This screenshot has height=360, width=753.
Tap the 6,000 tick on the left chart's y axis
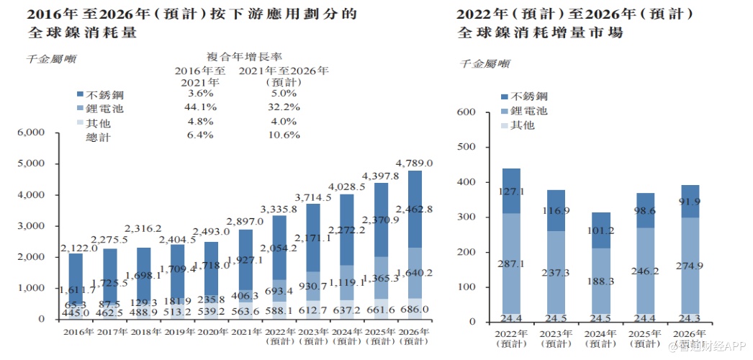[30, 133]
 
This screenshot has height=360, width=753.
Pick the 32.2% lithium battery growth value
[283, 107]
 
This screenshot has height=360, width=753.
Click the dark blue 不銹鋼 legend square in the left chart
[81, 94]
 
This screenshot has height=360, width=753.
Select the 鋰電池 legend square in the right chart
[505, 111]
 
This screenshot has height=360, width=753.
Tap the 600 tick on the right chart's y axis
[467, 112]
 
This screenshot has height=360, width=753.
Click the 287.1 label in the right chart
[511, 264]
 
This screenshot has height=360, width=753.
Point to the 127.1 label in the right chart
[511, 192]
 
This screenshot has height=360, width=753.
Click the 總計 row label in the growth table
[99, 135]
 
